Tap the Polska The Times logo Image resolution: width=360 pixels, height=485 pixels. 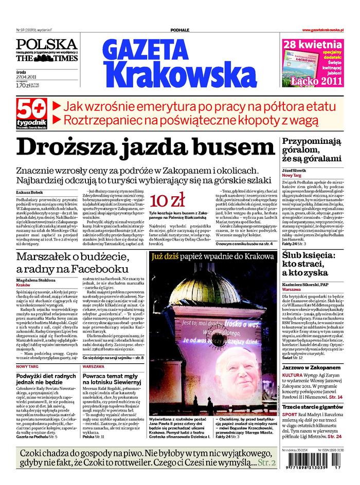[x=47, y=51]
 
